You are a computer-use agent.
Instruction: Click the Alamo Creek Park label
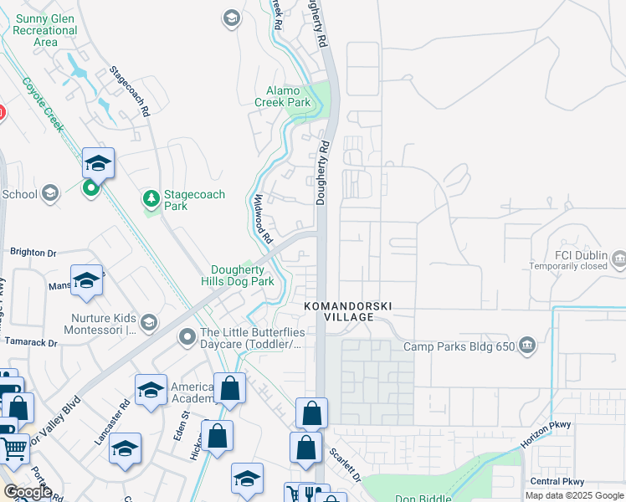tap(288, 97)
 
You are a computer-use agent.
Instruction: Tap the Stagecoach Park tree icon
tap(151, 198)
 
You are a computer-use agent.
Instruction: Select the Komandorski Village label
tap(346, 306)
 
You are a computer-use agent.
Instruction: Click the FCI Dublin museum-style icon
tap(618, 259)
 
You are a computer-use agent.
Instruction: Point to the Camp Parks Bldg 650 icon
tap(527, 346)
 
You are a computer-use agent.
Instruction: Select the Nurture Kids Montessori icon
tap(149, 322)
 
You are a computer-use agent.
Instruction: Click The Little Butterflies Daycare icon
tap(187, 338)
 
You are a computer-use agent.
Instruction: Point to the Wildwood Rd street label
tap(263, 218)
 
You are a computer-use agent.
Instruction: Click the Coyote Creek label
tap(43, 104)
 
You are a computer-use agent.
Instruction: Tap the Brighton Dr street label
tap(33, 251)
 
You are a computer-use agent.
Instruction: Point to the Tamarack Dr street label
tap(28, 343)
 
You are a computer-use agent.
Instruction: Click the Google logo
tap(28, 492)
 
